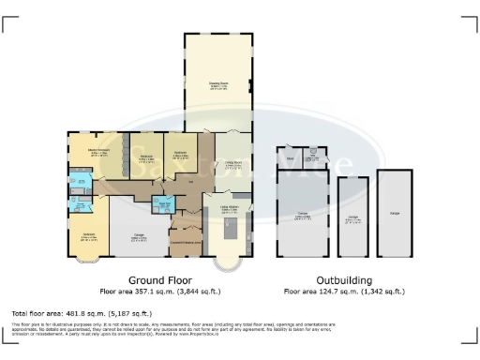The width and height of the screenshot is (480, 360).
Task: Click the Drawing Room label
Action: coord(218,84)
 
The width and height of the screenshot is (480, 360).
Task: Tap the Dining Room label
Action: coord(232,165)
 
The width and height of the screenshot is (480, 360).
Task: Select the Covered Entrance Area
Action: coord(184,242)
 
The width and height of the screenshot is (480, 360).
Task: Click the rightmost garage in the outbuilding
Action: coord(394,214)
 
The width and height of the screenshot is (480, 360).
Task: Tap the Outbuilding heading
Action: coord(343,280)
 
